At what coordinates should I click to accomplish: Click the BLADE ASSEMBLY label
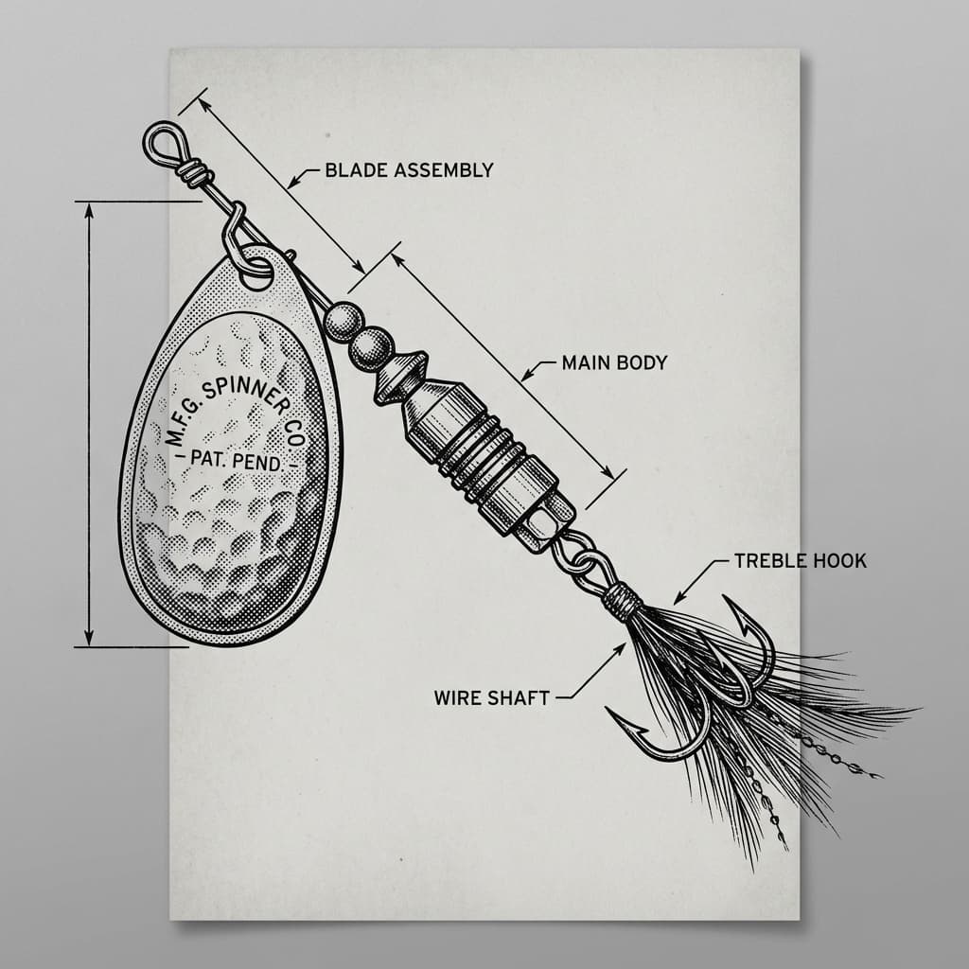tap(409, 170)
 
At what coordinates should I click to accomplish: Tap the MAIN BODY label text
tap(614, 361)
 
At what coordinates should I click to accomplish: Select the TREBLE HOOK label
tap(800, 561)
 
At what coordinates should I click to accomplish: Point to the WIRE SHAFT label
tap(491, 698)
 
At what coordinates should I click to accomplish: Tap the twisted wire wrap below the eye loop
tap(193, 171)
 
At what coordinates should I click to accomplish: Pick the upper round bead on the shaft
tap(342, 321)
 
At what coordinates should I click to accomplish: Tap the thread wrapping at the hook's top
tap(623, 600)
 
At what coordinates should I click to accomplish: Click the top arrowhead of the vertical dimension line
tap(90, 209)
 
